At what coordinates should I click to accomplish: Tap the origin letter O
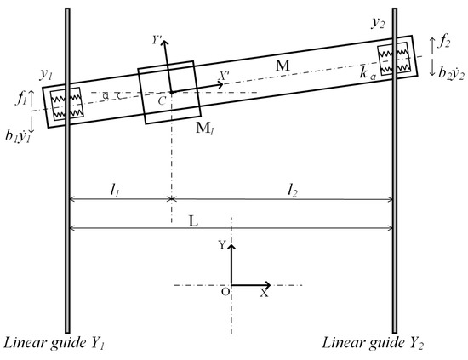(x=225, y=292)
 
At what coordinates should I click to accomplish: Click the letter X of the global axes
(x=264, y=292)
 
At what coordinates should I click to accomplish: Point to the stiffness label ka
(x=368, y=76)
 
